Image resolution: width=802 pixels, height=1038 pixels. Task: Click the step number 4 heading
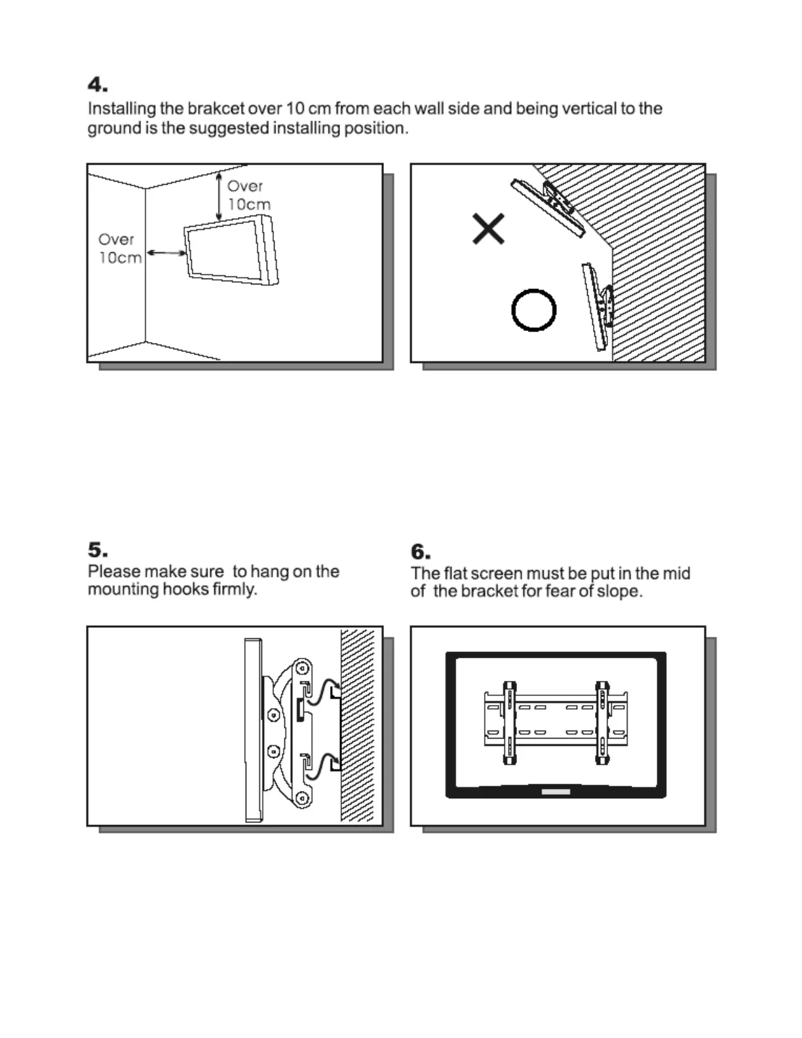pyautogui.click(x=98, y=85)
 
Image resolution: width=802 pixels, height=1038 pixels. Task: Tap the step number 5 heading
pyautogui.click(x=98, y=549)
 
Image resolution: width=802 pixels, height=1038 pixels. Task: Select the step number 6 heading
pyautogui.click(x=421, y=552)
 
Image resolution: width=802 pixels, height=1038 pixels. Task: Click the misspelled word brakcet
pyautogui.click(x=216, y=109)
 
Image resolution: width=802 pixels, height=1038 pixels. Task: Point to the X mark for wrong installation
pyautogui.click(x=488, y=229)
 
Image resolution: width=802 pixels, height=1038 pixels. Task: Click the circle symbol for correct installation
pyautogui.click(x=533, y=310)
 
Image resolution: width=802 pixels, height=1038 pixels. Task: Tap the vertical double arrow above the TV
pyautogui.click(x=219, y=196)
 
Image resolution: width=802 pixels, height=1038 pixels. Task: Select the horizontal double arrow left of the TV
pyautogui.click(x=165, y=252)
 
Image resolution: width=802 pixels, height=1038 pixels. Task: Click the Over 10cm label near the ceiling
pyautogui.click(x=248, y=195)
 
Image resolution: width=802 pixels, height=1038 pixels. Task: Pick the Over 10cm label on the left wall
pyautogui.click(x=119, y=249)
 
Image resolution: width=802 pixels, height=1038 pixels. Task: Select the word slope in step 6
pyautogui.click(x=617, y=592)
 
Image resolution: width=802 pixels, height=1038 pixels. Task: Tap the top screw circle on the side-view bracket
pyautogui.click(x=302, y=668)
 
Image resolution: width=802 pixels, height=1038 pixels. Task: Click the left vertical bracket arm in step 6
pyautogui.click(x=509, y=723)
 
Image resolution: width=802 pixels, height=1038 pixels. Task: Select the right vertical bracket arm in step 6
pyautogui.click(x=601, y=723)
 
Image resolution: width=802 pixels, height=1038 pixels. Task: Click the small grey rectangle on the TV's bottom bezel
pyautogui.click(x=556, y=792)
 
